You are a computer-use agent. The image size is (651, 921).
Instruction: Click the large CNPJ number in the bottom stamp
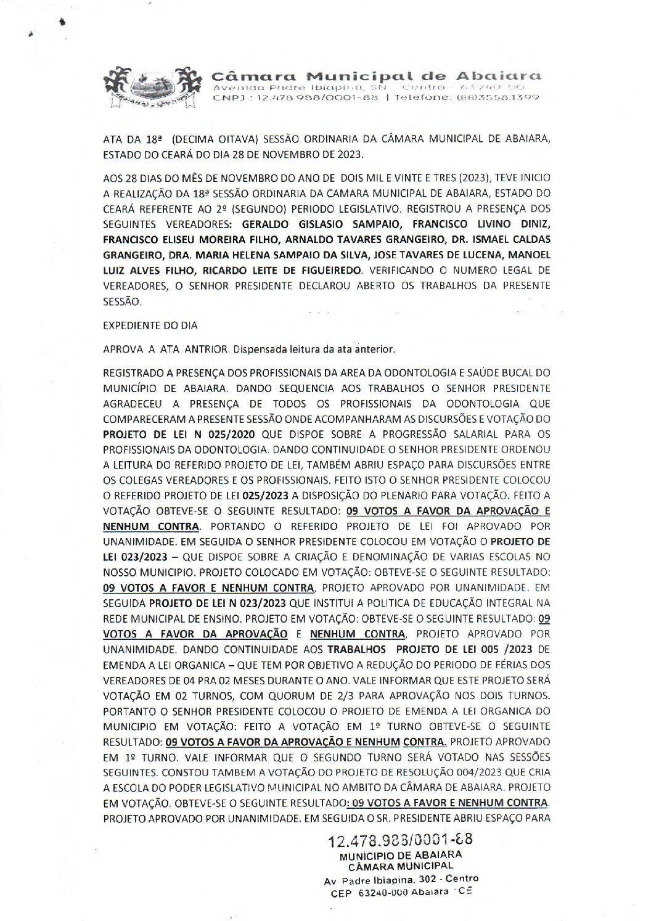[x=401, y=840]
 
